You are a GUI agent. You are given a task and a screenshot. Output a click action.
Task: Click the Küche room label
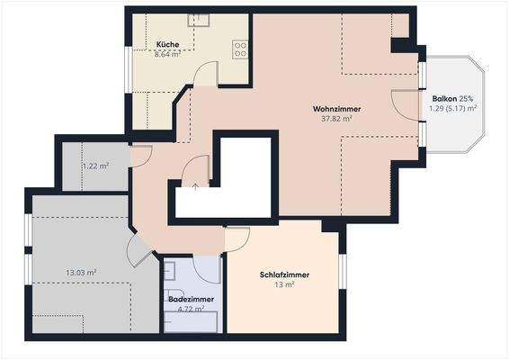pos(166,44)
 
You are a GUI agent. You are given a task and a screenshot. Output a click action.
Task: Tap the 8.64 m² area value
pos(166,54)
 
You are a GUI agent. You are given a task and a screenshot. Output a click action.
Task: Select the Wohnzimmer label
pos(336,108)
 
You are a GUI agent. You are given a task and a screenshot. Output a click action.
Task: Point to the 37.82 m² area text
pos(336,118)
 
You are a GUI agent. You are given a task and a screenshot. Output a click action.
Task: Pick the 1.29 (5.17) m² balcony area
pos(452,107)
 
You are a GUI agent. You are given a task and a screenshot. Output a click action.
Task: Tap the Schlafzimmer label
pos(283,274)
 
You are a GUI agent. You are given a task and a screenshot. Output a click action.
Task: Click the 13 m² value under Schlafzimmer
pos(283,284)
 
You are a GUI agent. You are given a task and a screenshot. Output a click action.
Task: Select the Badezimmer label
pos(190,299)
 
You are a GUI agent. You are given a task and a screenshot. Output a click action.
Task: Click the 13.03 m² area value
pos(82,272)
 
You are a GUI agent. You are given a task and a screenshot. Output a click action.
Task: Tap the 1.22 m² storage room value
pos(95,166)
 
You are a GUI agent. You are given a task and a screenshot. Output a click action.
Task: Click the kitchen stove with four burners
pos(240,49)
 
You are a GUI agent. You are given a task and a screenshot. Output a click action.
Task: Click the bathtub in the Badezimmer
pos(191,320)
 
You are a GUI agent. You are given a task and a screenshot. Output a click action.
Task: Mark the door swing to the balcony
pos(406,104)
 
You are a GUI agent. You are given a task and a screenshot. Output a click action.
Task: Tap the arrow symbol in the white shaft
pos(197,187)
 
